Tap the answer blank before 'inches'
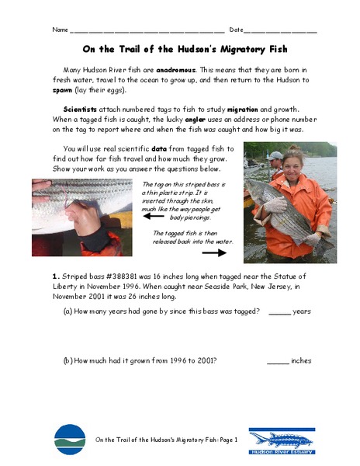pos(277,361)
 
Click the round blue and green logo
pos(70,439)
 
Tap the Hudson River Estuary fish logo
pos(281,440)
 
